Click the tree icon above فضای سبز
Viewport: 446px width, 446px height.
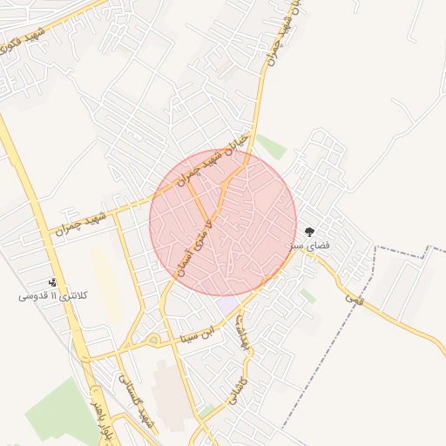[x=309, y=232]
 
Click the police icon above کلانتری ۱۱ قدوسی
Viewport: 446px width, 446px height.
[x=53, y=282]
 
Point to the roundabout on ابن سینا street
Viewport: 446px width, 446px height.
[x=153, y=339]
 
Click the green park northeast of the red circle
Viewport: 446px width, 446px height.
[x=271, y=145]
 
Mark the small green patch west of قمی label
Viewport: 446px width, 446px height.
[x=307, y=296]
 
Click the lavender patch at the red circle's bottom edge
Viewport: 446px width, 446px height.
[x=228, y=304]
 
